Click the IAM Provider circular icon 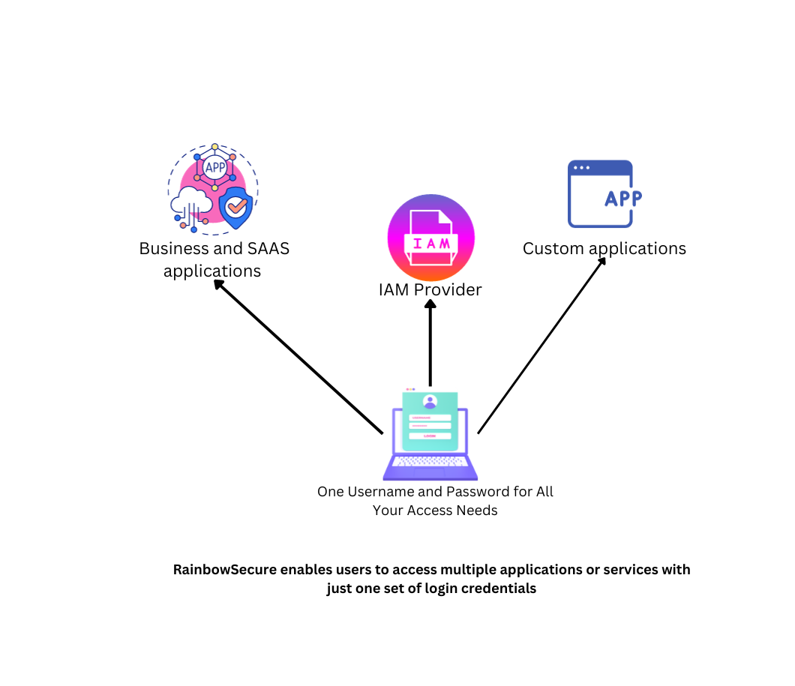430,238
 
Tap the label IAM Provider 430,289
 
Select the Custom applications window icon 600,193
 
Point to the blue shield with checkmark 235,207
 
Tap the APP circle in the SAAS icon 214,167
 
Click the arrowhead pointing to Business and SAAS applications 218,284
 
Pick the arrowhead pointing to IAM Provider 430,304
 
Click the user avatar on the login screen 430,401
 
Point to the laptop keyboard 430,462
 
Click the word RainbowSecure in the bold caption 225,570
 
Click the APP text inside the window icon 622,198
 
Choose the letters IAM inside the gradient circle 430,244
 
